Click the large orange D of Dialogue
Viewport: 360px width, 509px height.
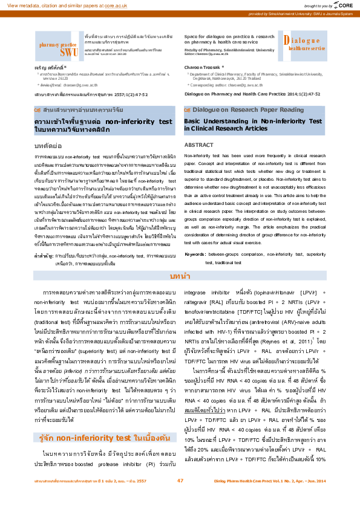pyautogui.click(x=286, y=41)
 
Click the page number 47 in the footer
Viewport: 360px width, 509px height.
pyautogui.click(x=180, y=498)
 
